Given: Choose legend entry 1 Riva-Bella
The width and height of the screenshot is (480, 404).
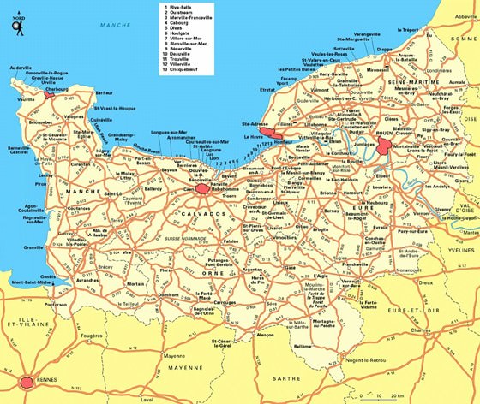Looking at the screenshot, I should (x=180, y=8).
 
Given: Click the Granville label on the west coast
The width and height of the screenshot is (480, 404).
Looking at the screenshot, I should (x=34, y=247).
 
